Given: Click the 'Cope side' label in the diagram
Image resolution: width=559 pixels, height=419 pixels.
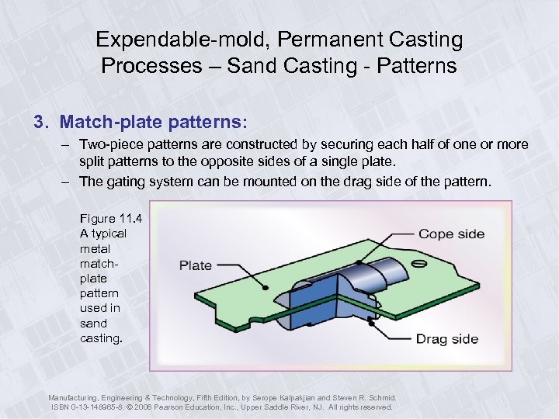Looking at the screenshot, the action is [x=451, y=234].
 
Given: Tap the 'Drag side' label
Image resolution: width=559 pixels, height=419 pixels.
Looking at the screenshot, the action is [x=447, y=339].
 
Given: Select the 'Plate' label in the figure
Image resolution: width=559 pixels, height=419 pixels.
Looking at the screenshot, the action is [x=196, y=265].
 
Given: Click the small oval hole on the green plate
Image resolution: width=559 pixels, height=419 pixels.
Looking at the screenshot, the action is [x=420, y=264].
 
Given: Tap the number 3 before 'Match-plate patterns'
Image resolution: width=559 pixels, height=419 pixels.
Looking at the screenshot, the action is [x=37, y=123].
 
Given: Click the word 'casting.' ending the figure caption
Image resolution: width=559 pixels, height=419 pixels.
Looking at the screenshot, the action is [x=101, y=338].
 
